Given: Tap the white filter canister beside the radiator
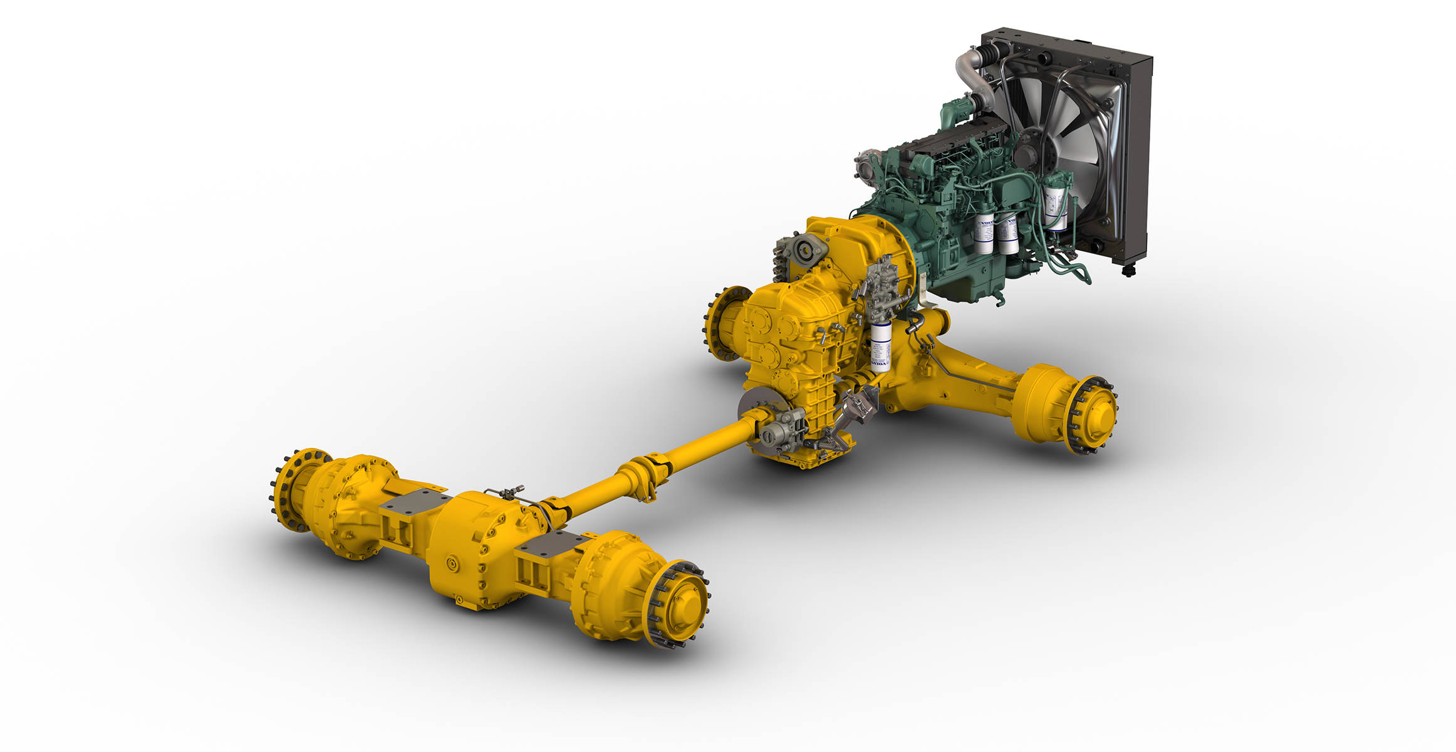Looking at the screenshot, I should [1056, 204].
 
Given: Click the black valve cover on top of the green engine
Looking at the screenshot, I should [952, 141].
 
